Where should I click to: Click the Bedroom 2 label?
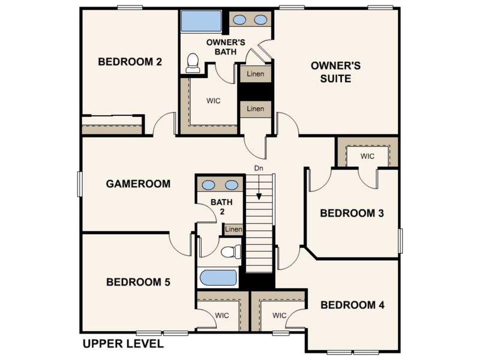[x=130, y=62]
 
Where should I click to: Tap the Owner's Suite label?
[x=335, y=72]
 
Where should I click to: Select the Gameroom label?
[x=138, y=184]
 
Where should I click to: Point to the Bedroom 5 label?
[x=138, y=282]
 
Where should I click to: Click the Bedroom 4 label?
[x=352, y=305]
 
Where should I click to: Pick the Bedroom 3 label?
[x=352, y=213]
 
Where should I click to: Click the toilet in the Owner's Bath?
[x=193, y=63]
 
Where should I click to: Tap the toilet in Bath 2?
[x=231, y=251]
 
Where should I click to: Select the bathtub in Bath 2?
[x=218, y=278]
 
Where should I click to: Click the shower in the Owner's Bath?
[x=201, y=20]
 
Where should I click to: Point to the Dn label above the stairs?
[x=259, y=168]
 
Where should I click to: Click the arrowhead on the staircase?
[x=259, y=197]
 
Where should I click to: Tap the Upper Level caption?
[x=123, y=344]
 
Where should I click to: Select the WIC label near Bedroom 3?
[x=367, y=156]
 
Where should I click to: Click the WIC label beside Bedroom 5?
[x=222, y=316]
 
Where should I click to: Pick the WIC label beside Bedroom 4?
[x=280, y=316]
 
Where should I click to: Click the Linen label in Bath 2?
[x=233, y=229]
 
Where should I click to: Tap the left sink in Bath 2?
[x=208, y=185]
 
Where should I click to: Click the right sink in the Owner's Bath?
[x=260, y=20]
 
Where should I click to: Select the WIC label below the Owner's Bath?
[x=214, y=101]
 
